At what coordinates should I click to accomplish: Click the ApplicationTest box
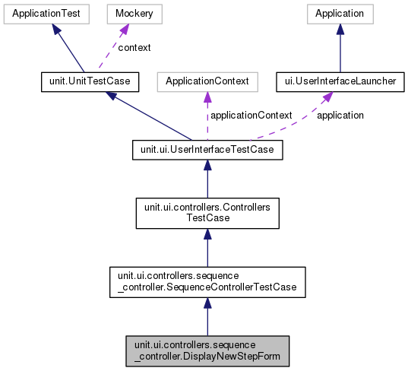point(47,14)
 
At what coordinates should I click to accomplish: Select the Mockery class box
point(126,14)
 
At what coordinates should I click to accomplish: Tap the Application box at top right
point(340,14)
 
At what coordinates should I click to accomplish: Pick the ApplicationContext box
point(207,81)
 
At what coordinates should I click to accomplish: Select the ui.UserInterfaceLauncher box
point(340,81)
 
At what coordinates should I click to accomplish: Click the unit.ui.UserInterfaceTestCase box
point(207,150)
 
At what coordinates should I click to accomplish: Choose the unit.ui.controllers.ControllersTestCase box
point(207,211)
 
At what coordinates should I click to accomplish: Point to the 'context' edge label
point(134,47)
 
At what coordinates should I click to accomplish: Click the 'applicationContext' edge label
point(251,116)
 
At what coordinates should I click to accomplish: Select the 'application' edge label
point(340,116)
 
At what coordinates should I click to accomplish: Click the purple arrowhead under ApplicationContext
point(207,97)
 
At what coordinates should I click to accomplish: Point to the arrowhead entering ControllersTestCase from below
point(207,235)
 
